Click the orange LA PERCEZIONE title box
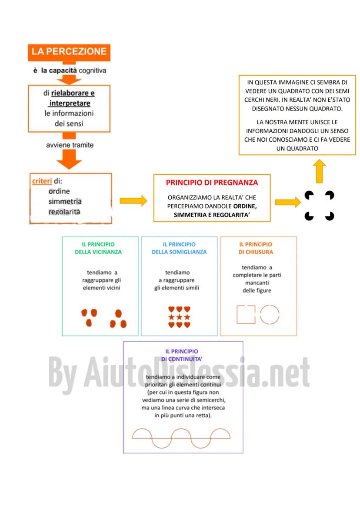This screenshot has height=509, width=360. point(69,52)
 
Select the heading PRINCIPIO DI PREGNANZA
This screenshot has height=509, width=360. point(212,183)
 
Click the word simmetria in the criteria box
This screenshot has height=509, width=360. point(65,202)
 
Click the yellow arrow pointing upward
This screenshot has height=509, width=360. point(320,171)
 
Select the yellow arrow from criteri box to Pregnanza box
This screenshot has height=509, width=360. point(133,200)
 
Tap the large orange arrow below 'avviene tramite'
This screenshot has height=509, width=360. point(69,159)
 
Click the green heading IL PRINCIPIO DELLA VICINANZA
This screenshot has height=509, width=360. point(101,248)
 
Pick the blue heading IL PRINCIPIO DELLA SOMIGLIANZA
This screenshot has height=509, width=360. point(179,248)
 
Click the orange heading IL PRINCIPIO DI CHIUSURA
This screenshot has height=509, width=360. point(256,248)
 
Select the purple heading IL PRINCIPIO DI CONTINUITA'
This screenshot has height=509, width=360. point(182,355)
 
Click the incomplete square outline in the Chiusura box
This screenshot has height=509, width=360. point(246,315)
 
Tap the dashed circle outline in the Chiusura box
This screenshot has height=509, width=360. point(270,315)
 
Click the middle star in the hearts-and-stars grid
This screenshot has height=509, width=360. point(179,317)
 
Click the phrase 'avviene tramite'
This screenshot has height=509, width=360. point(70,145)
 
